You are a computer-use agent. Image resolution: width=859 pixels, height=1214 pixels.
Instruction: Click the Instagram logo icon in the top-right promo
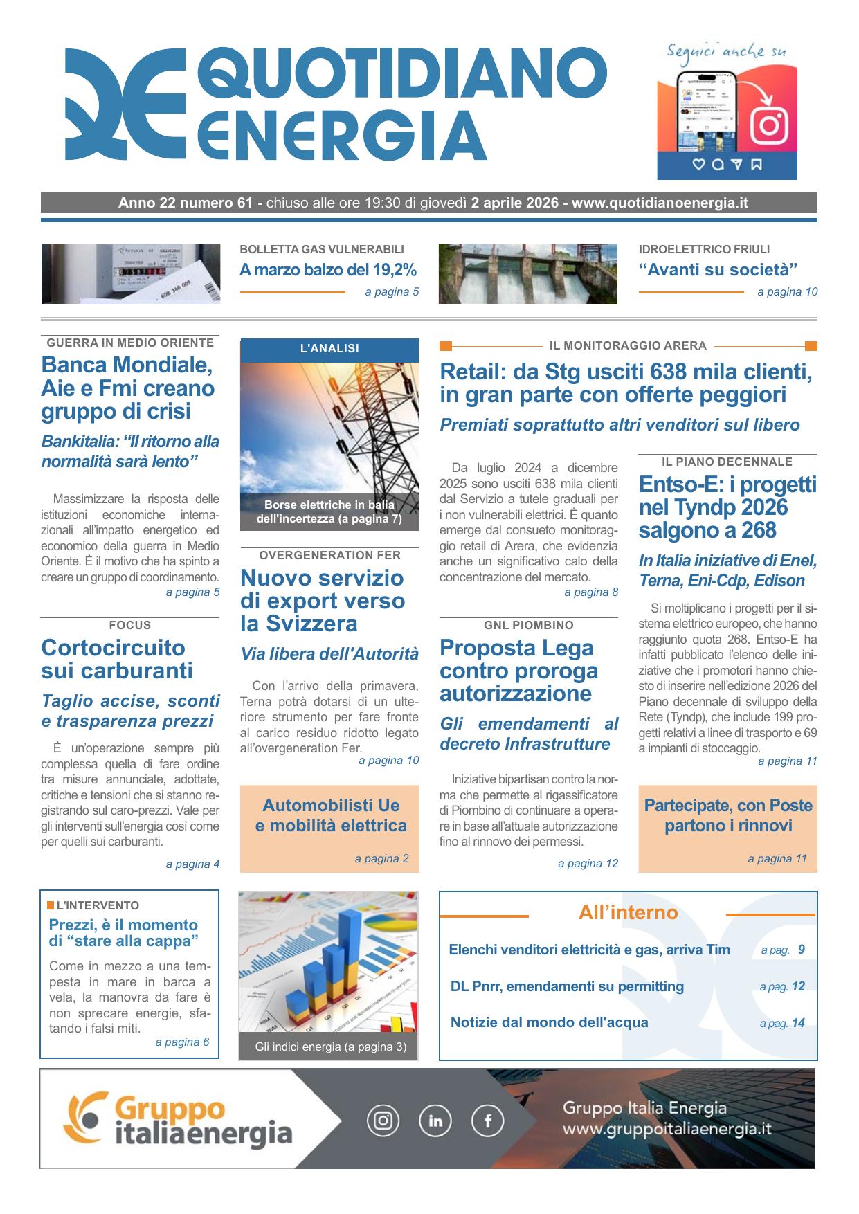tap(770, 126)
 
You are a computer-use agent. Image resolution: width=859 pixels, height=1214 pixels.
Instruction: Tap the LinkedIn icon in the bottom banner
tap(435, 1121)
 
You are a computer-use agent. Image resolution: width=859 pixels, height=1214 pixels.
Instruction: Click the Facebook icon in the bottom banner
tap(487, 1121)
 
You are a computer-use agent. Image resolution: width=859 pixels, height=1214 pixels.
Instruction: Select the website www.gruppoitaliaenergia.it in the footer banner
tap(667, 1130)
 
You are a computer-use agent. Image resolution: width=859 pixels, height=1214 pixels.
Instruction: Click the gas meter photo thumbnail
tap(131, 273)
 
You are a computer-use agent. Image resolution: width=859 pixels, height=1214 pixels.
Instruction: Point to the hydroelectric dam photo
tap(527, 273)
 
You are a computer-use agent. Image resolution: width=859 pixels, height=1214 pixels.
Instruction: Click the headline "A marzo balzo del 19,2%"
tap(328, 270)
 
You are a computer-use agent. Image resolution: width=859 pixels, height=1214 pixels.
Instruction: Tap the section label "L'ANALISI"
tap(329, 348)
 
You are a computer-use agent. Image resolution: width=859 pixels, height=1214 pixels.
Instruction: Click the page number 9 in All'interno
tap(801, 950)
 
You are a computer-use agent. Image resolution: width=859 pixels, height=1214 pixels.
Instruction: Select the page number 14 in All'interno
tap(798, 1023)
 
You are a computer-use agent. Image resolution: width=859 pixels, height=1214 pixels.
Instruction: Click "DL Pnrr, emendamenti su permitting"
tap(567, 986)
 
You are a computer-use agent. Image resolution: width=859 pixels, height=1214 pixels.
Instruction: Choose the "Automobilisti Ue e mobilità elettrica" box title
tap(330, 815)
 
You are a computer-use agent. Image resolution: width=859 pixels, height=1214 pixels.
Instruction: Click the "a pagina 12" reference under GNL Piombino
tap(588, 863)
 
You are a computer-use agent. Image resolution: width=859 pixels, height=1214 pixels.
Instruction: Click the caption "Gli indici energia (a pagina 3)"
tap(330, 1047)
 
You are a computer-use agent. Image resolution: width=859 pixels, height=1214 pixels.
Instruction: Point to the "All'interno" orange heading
tap(628, 912)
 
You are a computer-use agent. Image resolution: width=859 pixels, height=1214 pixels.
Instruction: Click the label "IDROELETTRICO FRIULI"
tap(704, 249)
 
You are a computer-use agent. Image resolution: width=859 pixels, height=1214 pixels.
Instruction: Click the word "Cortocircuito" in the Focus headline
tap(114, 648)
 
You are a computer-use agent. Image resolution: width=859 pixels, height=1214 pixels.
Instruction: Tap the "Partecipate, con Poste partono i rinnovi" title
tap(727, 815)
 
